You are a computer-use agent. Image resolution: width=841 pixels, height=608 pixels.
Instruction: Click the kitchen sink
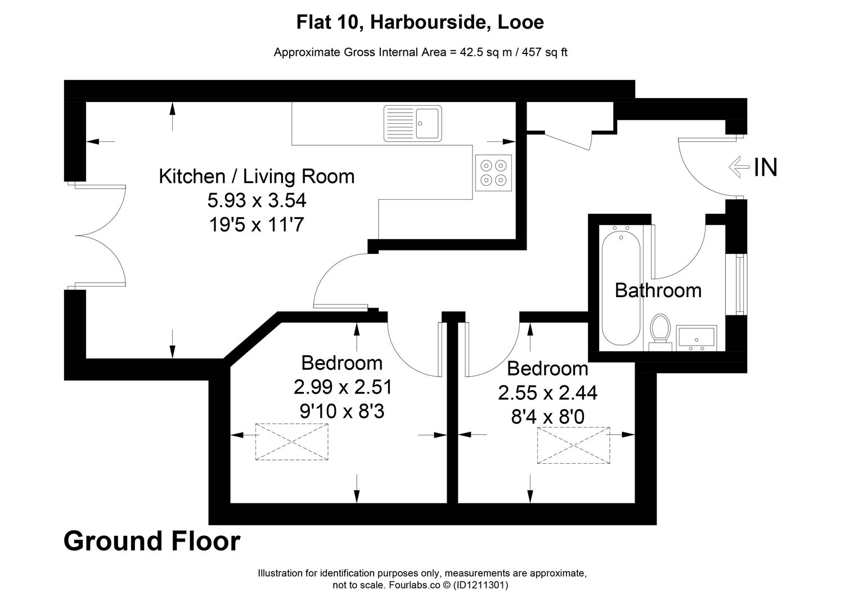coord(412,123)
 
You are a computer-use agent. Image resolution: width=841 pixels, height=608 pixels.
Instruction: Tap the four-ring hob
coord(493,172)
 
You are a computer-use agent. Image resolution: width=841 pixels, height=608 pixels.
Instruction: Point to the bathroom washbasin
coord(696,338)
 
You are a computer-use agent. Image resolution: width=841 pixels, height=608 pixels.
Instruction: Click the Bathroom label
coord(658,290)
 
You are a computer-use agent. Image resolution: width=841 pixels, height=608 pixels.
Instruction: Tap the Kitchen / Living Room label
coord(257,176)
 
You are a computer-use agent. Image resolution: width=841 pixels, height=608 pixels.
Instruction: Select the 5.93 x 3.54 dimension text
coord(257,200)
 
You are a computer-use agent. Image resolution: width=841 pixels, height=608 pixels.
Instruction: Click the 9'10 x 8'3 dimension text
coord(341,412)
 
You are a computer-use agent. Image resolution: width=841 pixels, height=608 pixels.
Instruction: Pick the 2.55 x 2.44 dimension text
coord(547,392)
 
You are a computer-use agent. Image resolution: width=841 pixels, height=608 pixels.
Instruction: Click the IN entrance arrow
coord(739,167)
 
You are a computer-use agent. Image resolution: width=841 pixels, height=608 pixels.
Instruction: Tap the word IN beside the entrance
coord(766,167)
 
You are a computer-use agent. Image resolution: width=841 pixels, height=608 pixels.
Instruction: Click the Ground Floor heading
coord(152,541)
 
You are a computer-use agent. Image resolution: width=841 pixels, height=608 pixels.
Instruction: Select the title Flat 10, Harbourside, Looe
coord(420,23)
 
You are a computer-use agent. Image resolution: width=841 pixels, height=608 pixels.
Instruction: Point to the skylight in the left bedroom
coord(292,442)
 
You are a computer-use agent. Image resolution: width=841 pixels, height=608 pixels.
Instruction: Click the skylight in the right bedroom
coord(573,445)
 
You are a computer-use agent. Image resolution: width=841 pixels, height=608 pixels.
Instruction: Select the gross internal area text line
coord(420,52)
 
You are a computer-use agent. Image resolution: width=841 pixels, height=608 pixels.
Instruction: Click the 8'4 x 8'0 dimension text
coord(547,417)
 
